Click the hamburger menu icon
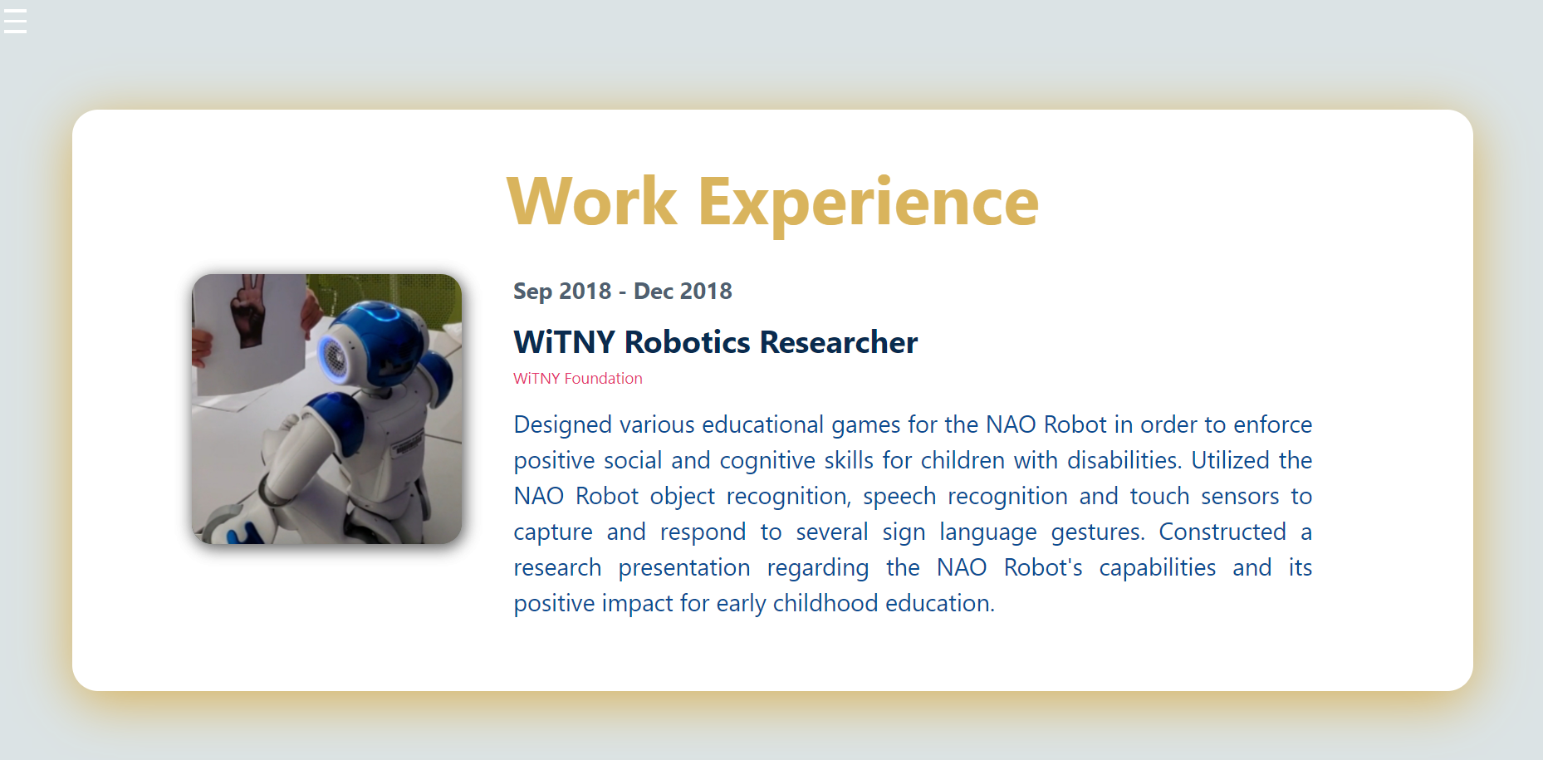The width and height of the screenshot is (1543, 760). click(15, 21)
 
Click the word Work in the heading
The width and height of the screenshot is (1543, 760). click(591, 202)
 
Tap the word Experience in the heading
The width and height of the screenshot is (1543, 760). click(868, 205)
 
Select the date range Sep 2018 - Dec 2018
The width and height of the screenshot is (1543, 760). click(623, 291)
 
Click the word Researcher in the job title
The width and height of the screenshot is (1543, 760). click(839, 342)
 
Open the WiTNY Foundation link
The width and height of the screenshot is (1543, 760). click(578, 379)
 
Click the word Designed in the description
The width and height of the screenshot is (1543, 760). click(563, 425)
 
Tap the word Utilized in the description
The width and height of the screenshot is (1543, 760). click(1231, 460)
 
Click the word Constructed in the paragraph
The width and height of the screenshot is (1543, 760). click(1222, 532)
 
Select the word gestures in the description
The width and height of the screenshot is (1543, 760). click(1098, 532)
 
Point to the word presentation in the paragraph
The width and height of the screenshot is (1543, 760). click(684, 568)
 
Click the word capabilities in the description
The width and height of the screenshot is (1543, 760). click(1158, 568)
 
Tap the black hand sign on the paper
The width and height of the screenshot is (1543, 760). click(247, 311)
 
